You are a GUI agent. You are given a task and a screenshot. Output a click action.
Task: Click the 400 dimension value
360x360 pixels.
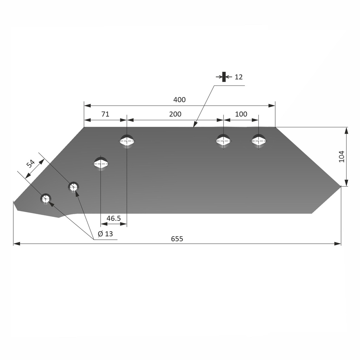[179, 100]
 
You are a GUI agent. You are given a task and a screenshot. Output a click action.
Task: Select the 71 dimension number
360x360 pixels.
[105, 114]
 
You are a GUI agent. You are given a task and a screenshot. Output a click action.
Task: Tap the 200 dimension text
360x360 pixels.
[175, 114]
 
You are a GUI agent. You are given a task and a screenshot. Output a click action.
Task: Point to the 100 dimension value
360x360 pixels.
[241, 114]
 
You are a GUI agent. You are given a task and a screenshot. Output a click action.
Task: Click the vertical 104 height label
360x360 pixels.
[341, 156]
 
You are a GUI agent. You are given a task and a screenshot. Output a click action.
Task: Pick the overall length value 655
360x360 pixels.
[177, 239]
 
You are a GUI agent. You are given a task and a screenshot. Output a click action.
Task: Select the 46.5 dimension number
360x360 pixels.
[114, 218]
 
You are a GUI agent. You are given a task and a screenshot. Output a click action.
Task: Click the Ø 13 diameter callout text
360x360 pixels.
[105, 234]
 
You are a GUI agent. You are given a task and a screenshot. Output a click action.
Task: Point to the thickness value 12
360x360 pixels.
[238, 77]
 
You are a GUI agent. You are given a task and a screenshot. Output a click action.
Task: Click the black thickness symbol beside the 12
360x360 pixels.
[224, 77]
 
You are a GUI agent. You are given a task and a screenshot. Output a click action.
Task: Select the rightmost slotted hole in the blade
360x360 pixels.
[259, 141]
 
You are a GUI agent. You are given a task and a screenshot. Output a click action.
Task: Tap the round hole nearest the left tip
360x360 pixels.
[46, 199]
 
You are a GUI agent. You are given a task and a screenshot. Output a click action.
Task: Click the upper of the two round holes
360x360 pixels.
[73, 187]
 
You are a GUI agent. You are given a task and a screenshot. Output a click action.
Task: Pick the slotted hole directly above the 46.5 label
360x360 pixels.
[101, 163]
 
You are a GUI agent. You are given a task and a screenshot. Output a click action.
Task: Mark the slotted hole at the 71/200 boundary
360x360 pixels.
[127, 141]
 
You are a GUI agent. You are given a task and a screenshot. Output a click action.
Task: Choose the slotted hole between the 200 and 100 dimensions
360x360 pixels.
[224, 141]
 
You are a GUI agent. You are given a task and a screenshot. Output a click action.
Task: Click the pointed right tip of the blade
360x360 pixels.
[340, 186]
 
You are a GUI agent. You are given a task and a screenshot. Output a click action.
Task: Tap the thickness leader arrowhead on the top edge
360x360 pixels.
[194, 124]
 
